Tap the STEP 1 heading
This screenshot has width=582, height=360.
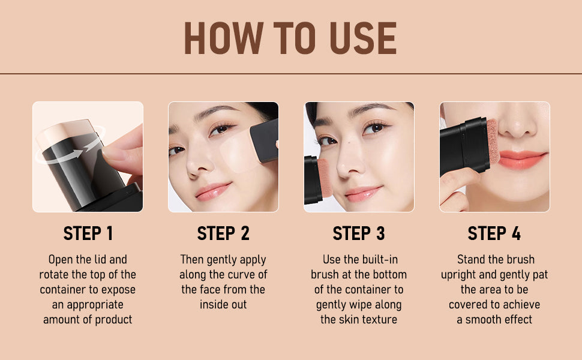pyautogui.click(x=88, y=233)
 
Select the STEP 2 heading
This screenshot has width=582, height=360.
pyautogui.click(x=223, y=233)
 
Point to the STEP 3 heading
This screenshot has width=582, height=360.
pyautogui.click(x=359, y=233)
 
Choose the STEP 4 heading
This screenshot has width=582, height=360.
pyautogui.click(x=494, y=233)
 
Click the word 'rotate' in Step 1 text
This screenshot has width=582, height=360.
pyautogui.click(x=56, y=275)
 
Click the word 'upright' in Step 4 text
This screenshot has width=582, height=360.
pyautogui.click(x=460, y=275)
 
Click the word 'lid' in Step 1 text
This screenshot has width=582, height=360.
pyautogui.click(x=101, y=260)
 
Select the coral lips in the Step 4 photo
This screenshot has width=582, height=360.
pyautogui.click(x=522, y=159)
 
